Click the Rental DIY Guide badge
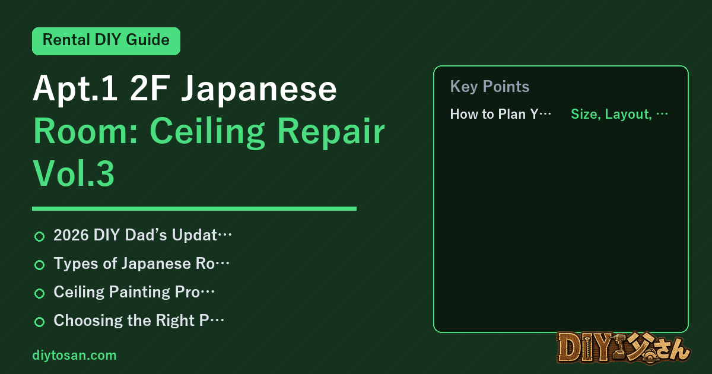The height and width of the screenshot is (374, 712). tap(106, 41)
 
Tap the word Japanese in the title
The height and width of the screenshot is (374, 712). tap(259, 89)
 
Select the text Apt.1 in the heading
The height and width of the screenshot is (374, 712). tap(75, 89)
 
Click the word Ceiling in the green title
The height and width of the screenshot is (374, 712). tap(207, 132)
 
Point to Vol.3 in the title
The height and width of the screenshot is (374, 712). tap(74, 173)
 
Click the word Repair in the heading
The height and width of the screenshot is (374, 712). tap(331, 132)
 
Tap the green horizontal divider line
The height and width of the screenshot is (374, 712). tap(194, 208)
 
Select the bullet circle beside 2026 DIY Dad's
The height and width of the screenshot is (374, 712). tap(39, 236)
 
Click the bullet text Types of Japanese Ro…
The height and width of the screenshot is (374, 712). tap(141, 264)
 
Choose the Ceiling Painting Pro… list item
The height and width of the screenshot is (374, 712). tap(134, 292)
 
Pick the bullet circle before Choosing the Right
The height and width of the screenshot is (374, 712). tap(39, 322)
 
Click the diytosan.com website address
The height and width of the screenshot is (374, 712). tap(74, 355)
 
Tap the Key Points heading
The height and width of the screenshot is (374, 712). tap(490, 87)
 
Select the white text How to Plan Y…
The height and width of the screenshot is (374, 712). tap(501, 114)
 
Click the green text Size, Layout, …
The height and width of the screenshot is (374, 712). tap(619, 114)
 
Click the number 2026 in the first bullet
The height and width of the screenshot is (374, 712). tap(71, 235)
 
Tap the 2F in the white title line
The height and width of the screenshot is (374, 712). tap(149, 88)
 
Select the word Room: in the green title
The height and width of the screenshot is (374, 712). tap(85, 131)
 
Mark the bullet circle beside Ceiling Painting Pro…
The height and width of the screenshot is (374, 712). tap(39, 293)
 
